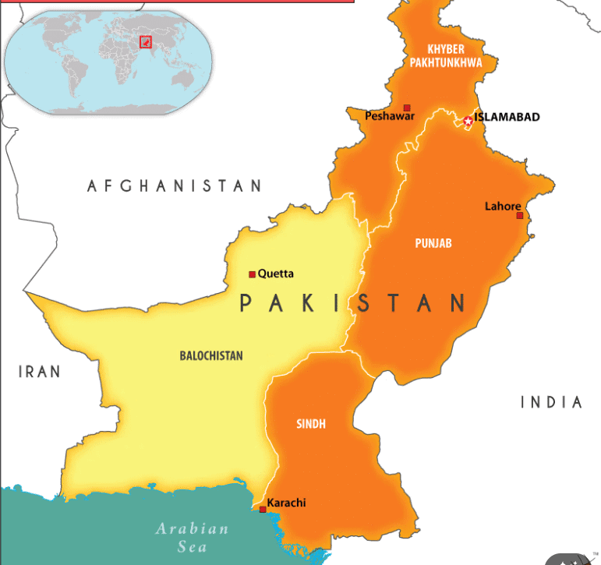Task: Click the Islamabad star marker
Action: coord(468,121)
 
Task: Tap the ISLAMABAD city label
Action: coord(507,118)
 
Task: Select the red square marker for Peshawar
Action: coord(407,108)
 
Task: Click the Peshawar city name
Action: coord(390,116)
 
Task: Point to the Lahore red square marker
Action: coord(520,215)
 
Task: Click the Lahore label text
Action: coord(503,207)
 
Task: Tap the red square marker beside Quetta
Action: coord(252,274)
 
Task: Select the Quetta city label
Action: coord(276,274)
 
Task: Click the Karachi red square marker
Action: coord(263,510)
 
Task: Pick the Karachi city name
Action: coord(286,503)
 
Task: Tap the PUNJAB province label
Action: coord(433,243)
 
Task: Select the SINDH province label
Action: coord(311,424)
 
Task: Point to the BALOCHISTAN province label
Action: coord(211,356)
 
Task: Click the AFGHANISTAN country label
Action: coord(175,185)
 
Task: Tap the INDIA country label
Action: coord(551,402)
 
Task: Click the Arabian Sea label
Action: coord(192,537)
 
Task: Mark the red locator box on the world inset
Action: coord(145,41)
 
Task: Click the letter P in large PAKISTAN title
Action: coord(248,303)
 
